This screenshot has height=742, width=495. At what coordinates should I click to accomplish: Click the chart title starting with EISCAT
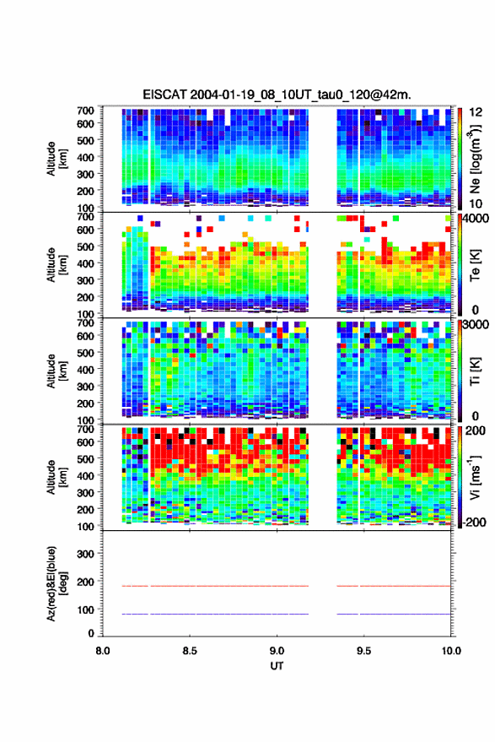point(277,95)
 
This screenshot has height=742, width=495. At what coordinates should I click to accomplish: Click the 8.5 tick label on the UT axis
point(190,651)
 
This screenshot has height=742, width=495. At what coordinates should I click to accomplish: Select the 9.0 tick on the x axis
point(277,651)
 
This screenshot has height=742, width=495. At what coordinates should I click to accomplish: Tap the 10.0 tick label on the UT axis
point(451,651)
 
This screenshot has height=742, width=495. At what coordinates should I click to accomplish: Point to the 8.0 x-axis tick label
point(103,651)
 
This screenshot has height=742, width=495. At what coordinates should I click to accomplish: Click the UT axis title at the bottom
point(277,666)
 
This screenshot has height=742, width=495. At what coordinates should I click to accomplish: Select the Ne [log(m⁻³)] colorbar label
point(476,159)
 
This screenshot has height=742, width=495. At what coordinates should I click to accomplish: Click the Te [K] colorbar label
point(476,265)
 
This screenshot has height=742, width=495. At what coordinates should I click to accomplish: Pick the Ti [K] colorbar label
point(476,371)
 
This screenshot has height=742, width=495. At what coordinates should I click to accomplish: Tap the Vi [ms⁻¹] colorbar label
point(476,477)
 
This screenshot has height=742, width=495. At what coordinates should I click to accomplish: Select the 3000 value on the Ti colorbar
point(476,325)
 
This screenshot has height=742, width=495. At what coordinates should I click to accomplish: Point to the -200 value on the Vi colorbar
point(475,523)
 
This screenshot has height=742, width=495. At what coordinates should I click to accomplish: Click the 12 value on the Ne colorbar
point(476,112)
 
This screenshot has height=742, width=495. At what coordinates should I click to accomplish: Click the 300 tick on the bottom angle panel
point(85,554)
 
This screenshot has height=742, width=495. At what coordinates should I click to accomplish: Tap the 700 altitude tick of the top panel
point(85,111)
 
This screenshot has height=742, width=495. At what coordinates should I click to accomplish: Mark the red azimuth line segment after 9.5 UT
point(405,586)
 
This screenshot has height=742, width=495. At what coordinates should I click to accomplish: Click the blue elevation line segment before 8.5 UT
point(135,614)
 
